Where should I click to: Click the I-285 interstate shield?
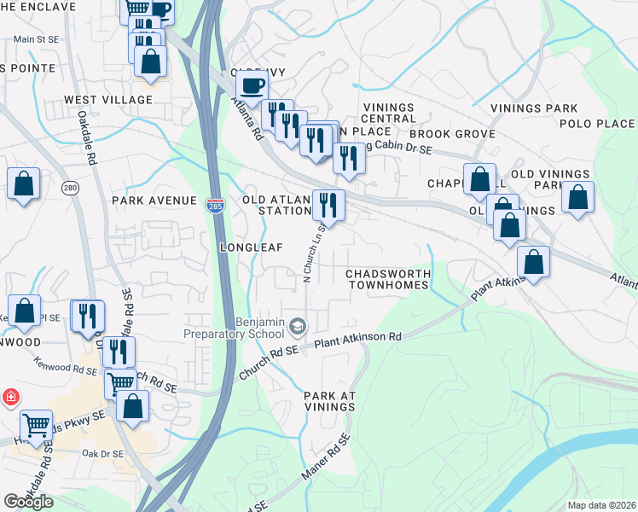coord(214,205)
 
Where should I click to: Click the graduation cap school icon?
coord(298,326)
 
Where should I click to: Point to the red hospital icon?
coord(10,398)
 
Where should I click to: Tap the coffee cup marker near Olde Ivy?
coord(252,86)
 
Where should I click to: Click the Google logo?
coord(28,502)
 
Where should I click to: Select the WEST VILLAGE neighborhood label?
coord(108,100)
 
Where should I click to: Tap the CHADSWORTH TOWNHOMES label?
coord(388,279)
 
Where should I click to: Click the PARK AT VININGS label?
coord(329,402)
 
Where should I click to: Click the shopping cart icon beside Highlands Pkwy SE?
coord(37,423)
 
